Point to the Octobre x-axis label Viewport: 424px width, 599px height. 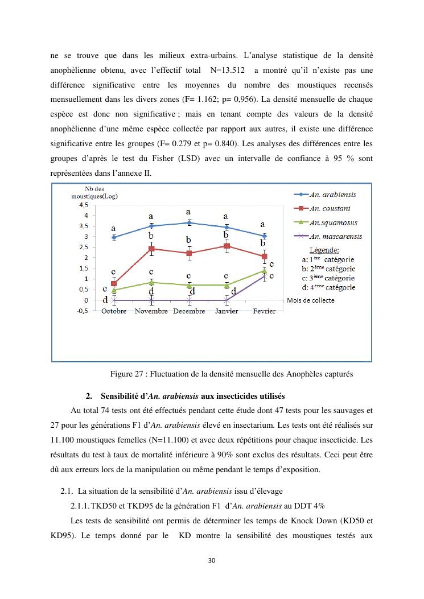pyautogui.click(x=114, y=311)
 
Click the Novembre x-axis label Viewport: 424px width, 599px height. pyautogui.click(x=151, y=311)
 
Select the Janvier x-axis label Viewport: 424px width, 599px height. pyautogui.click(x=227, y=311)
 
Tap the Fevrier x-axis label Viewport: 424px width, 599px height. pyautogui.click(x=264, y=311)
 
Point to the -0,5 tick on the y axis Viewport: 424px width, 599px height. pyautogui.click(x=83, y=311)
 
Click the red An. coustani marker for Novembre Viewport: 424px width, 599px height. pyautogui.click(x=151, y=249)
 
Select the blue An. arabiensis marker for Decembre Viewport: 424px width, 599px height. pyautogui.click(x=189, y=222)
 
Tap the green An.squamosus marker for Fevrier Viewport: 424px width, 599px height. pyautogui.click(x=264, y=271)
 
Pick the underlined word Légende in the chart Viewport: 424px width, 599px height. pyautogui.click(x=324, y=250)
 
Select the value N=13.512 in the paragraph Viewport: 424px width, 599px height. pyautogui.click(x=227, y=71)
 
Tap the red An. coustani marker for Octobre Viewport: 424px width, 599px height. pyautogui.click(x=114, y=283)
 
